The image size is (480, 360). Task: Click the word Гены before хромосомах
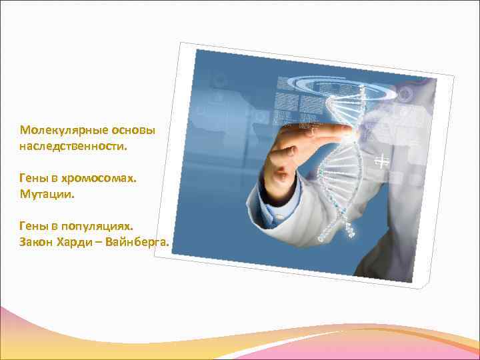point(33,179)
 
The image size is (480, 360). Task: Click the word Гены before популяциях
point(33,228)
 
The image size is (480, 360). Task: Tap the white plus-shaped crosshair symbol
point(382,161)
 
